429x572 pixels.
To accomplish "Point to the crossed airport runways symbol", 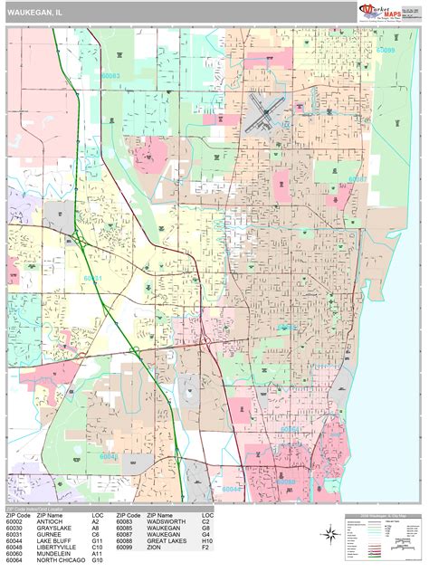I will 268,113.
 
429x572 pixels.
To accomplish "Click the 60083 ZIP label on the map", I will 111,77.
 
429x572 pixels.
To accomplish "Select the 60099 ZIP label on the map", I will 385,50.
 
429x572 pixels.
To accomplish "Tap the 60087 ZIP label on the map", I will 358,178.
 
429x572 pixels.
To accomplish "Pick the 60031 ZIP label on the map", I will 93,279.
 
